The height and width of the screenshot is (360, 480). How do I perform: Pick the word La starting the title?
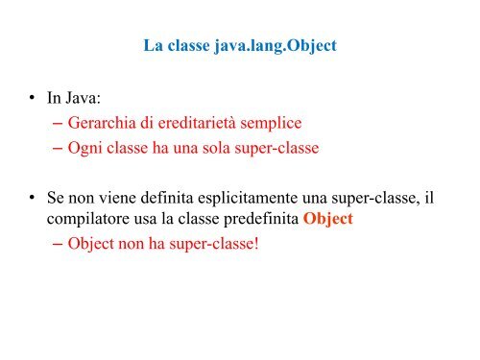pos(152,45)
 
